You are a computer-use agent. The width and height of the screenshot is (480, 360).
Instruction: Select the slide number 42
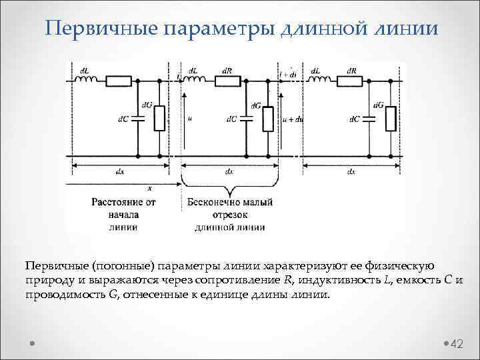pos(457,343)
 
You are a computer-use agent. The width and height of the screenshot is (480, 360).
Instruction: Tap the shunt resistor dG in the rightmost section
pos(391,119)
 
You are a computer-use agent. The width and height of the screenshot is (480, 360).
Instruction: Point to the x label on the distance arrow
pos(149,189)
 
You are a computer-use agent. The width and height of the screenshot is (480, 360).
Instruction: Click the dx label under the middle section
pos(229,172)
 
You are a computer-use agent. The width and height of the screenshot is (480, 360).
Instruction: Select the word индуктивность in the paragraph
pos(342,280)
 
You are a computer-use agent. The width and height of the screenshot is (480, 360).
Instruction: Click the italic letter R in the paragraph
pos(287,280)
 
